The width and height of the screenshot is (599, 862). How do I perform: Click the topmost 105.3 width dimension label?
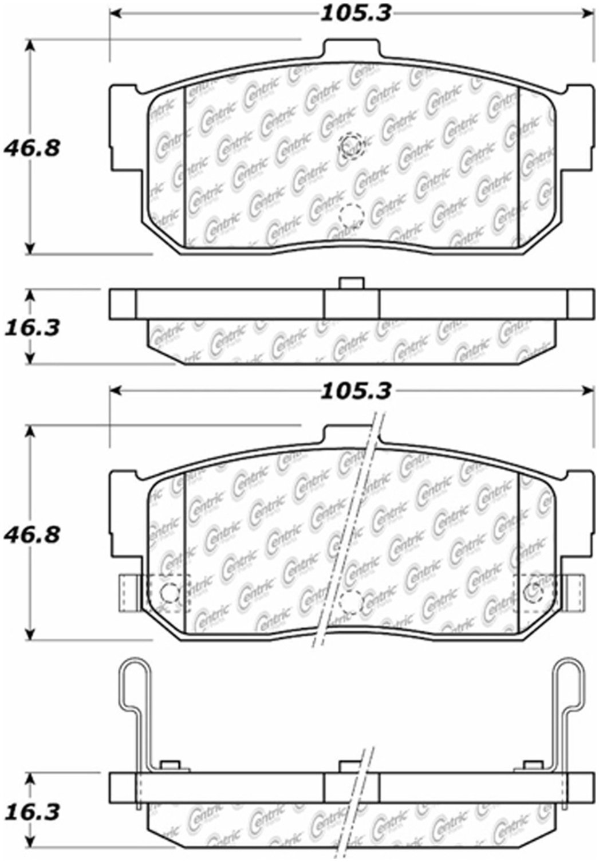pyautogui.click(x=356, y=14)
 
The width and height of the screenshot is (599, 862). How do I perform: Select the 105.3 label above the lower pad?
pyautogui.click(x=356, y=391)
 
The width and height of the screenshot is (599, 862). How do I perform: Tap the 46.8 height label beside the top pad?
pyautogui.click(x=31, y=148)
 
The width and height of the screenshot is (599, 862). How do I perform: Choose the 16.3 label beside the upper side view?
pyautogui.click(x=31, y=328)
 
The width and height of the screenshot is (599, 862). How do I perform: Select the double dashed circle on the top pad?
pyautogui.click(x=351, y=145)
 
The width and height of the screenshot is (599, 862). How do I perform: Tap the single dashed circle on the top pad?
pyautogui.click(x=351, y=215)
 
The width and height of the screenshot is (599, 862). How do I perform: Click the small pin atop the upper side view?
pyautogui.click(x=352, y=283)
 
